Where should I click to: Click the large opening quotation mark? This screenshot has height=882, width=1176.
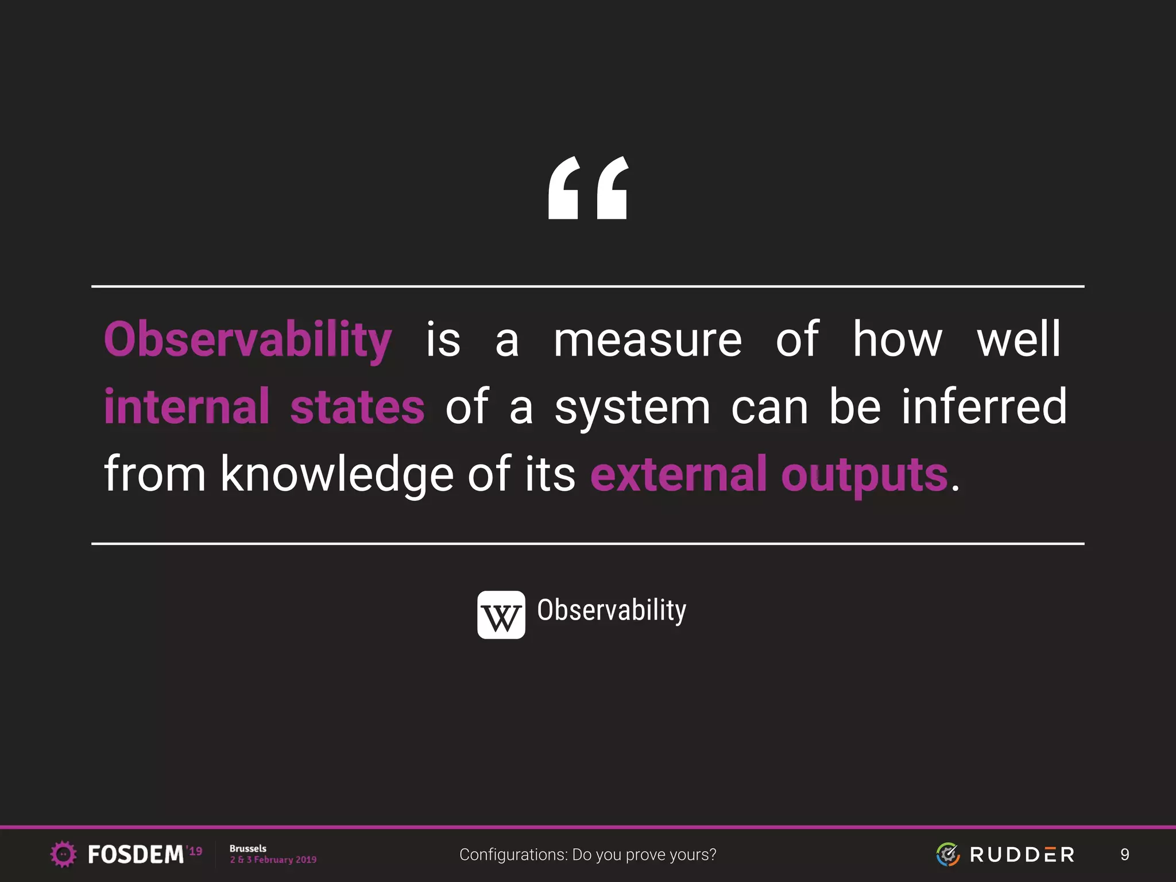point(588,188)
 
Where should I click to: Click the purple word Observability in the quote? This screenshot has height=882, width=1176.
point(248,341)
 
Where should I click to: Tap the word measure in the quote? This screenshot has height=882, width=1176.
point(648,341)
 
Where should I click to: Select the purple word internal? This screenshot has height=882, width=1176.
point(187,407)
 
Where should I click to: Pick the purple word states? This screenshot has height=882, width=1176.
point(357,407)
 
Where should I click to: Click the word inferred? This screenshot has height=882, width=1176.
point(984,407)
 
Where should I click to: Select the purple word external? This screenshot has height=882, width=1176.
point(678,474)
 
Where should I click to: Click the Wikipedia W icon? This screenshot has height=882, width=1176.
point(501,615)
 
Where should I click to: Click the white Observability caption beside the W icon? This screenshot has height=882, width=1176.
point(612,610)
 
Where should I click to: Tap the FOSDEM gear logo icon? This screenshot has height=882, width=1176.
point(63,854)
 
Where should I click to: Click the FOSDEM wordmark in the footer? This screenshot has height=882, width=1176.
point(136,854)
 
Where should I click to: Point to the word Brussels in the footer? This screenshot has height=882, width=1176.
point(248,848)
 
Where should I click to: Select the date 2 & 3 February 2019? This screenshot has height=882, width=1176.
point(273,860)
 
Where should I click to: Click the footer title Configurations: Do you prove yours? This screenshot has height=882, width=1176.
point(587,854)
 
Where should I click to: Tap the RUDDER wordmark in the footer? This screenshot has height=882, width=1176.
point(1022,854)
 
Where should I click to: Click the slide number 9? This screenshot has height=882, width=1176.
point(1124,854)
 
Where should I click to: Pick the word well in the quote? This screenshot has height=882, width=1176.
point(1019,341)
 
